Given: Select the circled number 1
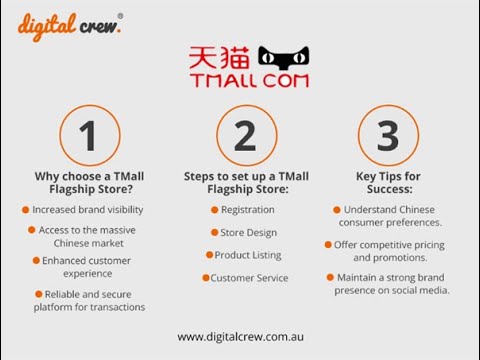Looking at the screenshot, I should coord(89,135).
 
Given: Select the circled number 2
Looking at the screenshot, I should coord(245,135).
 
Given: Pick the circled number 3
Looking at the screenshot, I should coord(389,135).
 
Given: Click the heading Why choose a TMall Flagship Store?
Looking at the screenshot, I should coord(89,183).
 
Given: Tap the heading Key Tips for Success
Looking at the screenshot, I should coord(389,183).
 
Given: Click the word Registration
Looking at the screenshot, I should coord(247,210).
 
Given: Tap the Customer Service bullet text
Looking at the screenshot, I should coord(249,278).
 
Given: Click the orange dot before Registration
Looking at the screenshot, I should coord(214,210).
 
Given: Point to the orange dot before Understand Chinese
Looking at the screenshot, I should coord(336,210).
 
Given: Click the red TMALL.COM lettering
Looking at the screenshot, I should coord(249,80).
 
